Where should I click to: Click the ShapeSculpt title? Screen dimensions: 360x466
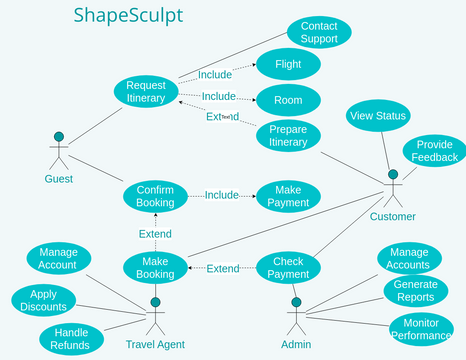tap(128, 17)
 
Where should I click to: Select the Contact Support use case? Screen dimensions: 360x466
tap(319, 32)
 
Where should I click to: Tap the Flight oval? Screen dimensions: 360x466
tap(288, 65)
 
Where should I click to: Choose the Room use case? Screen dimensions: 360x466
tap(288, 99)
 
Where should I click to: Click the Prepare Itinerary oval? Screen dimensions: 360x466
tap(288, 135)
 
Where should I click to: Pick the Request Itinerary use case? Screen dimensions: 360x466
tap(146, 91)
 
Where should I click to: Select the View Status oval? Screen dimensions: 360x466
tap(378, 117)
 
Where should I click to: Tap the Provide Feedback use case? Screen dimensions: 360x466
tap(435, 151)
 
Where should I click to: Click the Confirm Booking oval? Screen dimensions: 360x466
tap(155, 195)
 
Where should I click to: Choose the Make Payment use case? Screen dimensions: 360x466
tap(288, 195)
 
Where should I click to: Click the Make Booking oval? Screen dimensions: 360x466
tap(155, 268)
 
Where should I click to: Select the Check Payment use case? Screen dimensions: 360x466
tap(290, 268)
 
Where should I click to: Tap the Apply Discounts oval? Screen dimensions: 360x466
tap(44, 301)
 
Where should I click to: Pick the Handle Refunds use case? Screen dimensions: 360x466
tap(71, 339)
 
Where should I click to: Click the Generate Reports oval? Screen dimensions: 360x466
tap(408, 291)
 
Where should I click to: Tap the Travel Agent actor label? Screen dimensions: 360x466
tap(155, 345)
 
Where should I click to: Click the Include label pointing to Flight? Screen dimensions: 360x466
tap(214, 74)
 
